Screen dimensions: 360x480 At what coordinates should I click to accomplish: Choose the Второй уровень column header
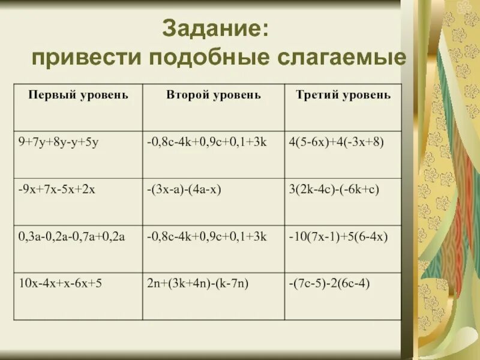coord(213,95)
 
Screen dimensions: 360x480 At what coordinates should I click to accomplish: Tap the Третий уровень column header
coord(343,95)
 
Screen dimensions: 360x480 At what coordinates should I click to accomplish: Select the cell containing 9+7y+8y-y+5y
coord(57,142)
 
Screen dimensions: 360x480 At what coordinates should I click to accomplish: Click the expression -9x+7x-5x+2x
coord(57,189)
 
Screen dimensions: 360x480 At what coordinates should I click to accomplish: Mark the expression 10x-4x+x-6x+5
coord(60,283)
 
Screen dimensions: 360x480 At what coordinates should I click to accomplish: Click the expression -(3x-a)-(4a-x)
coord(184,189)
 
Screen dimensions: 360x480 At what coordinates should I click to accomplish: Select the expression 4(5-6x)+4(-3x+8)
coord(335,142)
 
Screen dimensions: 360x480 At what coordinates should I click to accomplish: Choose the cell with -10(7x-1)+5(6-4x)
coord(339,236)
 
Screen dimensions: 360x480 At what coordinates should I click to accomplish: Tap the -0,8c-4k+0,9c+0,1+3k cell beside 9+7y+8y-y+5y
coord(206,142)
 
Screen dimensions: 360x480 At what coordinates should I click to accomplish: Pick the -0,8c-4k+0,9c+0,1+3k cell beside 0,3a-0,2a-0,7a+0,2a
coord(206,236)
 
